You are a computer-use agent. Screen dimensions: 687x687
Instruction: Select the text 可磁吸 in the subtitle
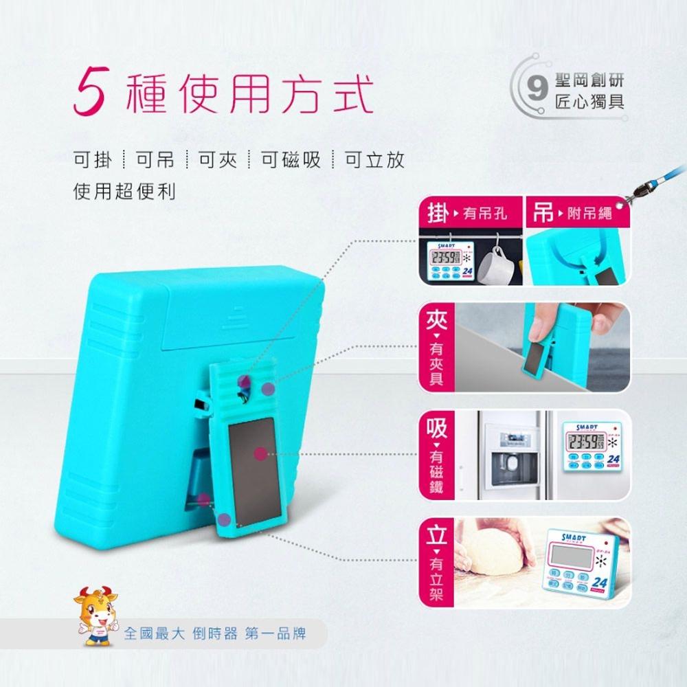click(291, 160)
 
